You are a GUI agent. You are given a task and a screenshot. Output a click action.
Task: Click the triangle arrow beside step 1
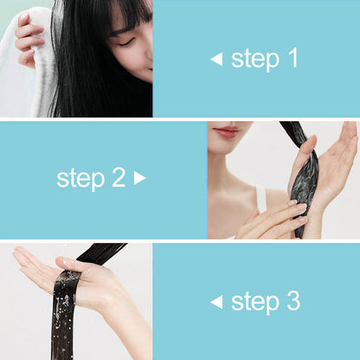point(216,60)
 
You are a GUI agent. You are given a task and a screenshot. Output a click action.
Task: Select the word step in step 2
point(80,179)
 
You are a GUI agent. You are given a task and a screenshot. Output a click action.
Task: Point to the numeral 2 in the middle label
point(118,178)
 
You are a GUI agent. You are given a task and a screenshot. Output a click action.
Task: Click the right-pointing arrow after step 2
point(140,179)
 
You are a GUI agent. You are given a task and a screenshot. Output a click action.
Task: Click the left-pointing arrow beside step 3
point(216,302)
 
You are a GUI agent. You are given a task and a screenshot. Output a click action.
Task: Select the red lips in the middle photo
point(228,132)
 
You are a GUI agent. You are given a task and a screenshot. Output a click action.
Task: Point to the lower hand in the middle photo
point(273,221)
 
